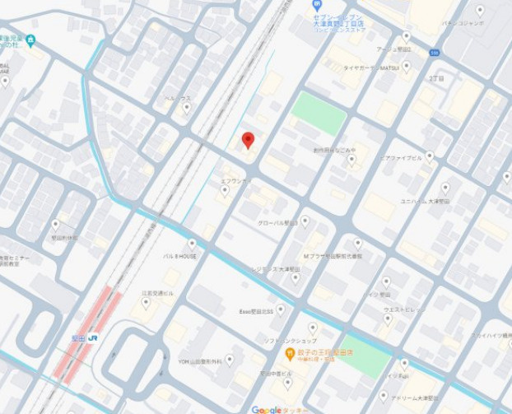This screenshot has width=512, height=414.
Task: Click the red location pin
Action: (248, 139)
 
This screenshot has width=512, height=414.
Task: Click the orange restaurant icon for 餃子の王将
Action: (290, 355)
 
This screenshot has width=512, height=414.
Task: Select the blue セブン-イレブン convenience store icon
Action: (317, 4)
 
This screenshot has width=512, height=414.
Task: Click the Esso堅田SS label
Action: (256, 311)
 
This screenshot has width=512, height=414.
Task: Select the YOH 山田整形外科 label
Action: (200, 361)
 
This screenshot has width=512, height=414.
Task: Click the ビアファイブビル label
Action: (402, 156)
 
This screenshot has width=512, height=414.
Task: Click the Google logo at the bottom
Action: (267, 409)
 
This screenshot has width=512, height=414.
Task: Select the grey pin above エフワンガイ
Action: (225, 190)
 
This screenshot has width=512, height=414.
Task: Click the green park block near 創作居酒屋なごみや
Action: (319, 113)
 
